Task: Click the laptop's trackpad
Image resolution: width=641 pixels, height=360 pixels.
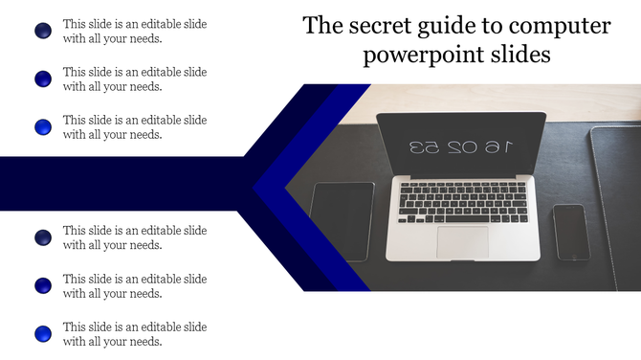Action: pos(463,240)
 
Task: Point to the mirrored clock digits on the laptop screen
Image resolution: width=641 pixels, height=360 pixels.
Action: pos(461,147)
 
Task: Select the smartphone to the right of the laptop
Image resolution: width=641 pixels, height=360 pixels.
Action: pos(571,231)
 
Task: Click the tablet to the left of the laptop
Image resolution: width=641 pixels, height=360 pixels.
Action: pos(343,220)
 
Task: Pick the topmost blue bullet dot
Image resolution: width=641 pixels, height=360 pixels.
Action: pos(43,32)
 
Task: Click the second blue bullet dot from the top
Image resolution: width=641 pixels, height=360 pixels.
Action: pos(43,79)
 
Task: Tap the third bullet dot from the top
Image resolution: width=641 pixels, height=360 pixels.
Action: pos(43,126)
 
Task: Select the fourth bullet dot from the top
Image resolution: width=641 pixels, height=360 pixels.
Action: pos(43,237)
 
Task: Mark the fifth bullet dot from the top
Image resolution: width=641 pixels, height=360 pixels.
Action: pos(43,285)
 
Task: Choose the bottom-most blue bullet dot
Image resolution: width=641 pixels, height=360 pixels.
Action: pos(43,333)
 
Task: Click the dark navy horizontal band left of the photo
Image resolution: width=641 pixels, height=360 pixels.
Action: pos(115,182)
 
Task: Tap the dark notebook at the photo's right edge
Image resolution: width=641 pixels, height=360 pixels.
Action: pos(617,206)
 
